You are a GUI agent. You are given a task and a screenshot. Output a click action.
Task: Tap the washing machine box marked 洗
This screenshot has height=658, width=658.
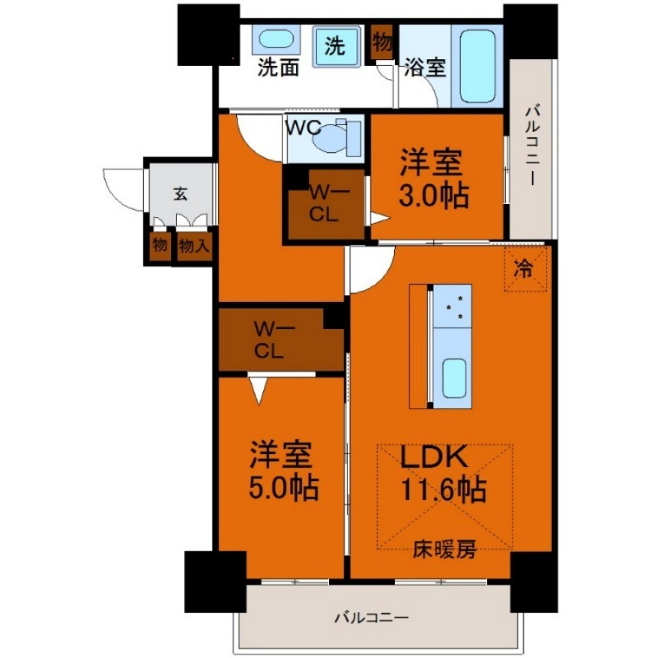coord(334,46)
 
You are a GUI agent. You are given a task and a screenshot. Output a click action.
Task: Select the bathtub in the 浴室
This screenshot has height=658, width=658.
coord(476,67)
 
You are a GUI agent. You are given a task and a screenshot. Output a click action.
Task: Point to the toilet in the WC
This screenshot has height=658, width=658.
coord(338,137)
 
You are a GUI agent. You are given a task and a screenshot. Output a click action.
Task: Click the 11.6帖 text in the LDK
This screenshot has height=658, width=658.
coord(443,490)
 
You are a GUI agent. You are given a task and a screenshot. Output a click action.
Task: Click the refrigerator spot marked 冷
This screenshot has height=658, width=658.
coord(524,267)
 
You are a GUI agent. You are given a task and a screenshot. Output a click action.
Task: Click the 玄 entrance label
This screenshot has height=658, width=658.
coord(180,194)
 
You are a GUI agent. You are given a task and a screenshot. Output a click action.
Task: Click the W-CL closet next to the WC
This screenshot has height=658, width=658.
coord(324,202)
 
